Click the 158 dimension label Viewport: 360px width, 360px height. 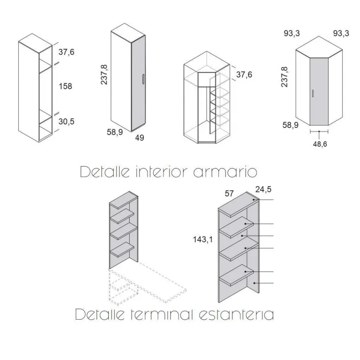pos(66,86)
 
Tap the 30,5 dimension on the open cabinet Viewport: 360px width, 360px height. pos(66,122)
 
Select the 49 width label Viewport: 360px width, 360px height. pos(140,138)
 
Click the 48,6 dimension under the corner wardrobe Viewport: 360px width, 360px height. pos(320,144)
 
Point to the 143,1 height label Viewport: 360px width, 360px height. pos(203,240)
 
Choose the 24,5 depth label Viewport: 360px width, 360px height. pos(263,190)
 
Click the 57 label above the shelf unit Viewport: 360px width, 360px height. pos(229,194)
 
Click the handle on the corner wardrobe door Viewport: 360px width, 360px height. pos(313,94)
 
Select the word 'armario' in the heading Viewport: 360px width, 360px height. pos(225,172)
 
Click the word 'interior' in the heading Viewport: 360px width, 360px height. pos(162,172)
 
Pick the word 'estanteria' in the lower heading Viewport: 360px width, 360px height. pos(236,314)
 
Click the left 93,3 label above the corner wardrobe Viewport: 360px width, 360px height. pos(292,34)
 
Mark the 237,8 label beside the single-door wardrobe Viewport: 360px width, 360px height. pos(104,75)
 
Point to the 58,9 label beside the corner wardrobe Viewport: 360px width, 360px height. pos(290,125)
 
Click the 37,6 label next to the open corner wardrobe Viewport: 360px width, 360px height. pos(244,75)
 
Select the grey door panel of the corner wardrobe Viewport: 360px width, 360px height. pos(319,91)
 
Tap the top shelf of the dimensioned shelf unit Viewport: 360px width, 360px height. pos(238,204)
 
